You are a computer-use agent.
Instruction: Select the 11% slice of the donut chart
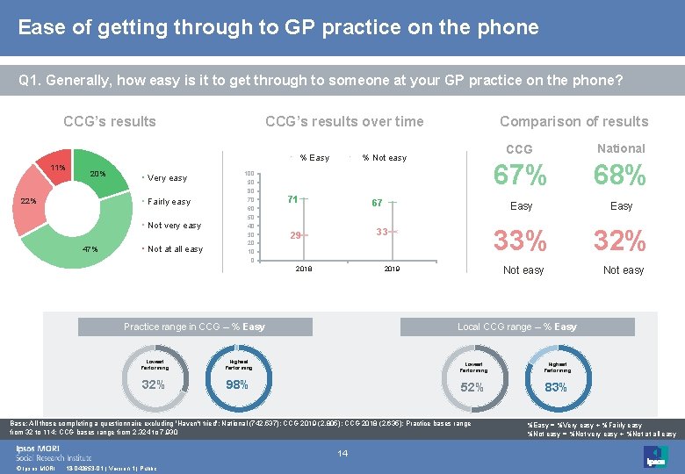coord(58,167)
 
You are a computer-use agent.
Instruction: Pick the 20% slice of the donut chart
coord(97,174)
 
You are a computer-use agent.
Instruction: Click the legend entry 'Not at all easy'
coord(175,249)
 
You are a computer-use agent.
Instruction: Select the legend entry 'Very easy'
coord(167,178)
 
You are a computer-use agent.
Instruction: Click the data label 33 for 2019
coord(382,232)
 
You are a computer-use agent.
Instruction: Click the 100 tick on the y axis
coord(249,175)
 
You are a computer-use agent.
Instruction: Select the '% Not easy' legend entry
coord(384,158)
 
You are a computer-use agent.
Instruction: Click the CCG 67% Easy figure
coord(520,176)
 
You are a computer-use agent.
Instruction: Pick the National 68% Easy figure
coord(620,176)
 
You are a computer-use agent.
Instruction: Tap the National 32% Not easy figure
coord(620,240)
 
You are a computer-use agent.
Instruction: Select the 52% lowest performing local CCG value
coord(472,388)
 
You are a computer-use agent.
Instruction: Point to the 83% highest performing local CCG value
coord(556,388)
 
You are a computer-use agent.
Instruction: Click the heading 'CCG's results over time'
coord(344,122)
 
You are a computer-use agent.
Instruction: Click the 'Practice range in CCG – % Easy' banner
coord(194,327)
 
